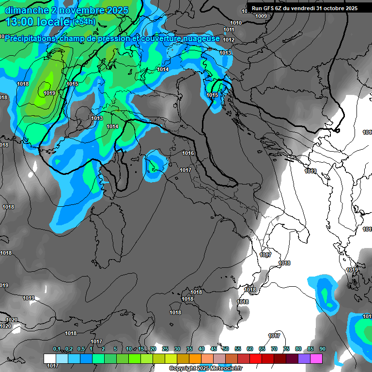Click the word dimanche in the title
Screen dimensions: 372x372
coord(24,10)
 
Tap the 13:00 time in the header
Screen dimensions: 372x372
coord(20,22)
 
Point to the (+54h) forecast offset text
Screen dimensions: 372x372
coord(84,22)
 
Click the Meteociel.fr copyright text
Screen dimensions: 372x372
coord(205,368)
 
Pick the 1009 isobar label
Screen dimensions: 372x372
coord(261,16)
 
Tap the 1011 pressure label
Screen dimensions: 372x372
coord(229,30)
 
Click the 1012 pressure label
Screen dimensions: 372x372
coord(229,40)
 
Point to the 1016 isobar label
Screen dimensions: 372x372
coord(188,154)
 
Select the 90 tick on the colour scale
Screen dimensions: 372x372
coord(323,349)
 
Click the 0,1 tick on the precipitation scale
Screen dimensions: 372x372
coord(57,349)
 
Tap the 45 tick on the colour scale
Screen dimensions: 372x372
coord(214,349)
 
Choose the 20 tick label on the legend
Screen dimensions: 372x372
coord(153,349)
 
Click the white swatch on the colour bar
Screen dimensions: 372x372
coord(49,358)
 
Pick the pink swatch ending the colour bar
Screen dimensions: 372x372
coord(316,358)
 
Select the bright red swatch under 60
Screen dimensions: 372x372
coord(256,358)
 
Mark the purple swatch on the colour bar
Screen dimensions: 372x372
coord(304,358)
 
